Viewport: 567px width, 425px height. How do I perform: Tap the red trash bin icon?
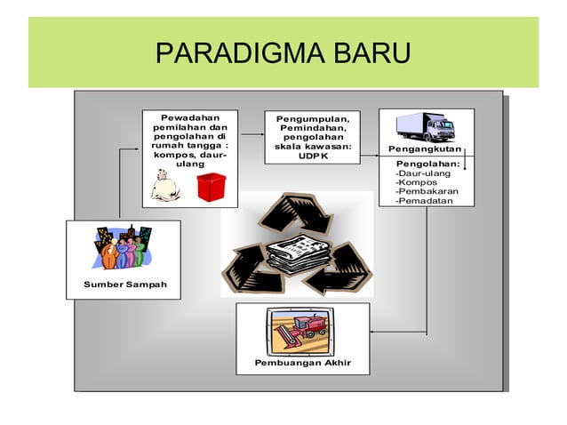click(212, 187)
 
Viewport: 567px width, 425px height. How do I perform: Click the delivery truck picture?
click(426, 127)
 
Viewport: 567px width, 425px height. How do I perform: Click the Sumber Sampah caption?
click(123, 285)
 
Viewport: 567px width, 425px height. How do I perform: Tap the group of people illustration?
click(123, 247)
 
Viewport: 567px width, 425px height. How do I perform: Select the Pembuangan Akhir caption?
click(302, 363)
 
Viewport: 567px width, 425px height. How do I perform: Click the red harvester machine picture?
click(301, 331)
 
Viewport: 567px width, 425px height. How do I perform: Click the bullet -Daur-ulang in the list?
click(422, 173)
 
